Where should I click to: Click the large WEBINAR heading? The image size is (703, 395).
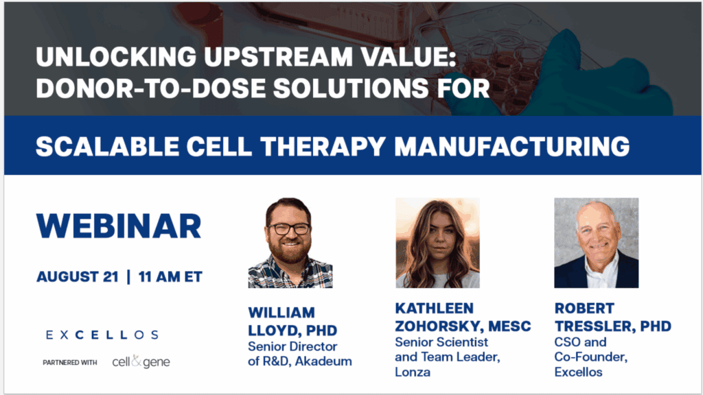click(x=119, y=226)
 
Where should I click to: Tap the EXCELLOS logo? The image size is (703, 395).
click(x=102, y=335)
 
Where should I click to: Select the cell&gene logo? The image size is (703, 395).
click(x=141, y=362)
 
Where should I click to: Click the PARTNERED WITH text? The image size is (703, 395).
click(x=69, y=362)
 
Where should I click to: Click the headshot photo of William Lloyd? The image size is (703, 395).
click(x=290, y=243)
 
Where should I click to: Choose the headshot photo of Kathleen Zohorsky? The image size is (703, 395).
click(x=437, y=243)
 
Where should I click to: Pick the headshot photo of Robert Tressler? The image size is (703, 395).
click(x=596, y=243)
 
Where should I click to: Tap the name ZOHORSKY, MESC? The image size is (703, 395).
click(x=463, y=326)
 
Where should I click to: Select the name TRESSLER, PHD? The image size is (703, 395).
click(x=612, y=326)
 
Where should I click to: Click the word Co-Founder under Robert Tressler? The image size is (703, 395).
click(x=588, y=357)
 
